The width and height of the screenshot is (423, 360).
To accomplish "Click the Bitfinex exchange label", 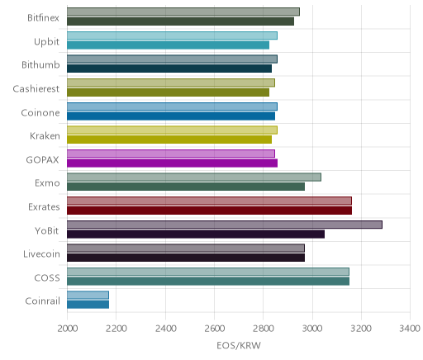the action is [x=43, y=18].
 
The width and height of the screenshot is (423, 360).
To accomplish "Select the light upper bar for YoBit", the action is [x=225, y=225].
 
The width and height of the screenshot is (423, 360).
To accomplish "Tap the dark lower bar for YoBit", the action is [x=196, y=234].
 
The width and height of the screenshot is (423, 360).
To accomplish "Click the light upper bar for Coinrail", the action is [x=88, y=295].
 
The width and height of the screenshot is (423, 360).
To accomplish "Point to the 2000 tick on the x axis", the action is [x=68, y=329].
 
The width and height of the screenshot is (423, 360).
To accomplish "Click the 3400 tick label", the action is [x=410, y=329].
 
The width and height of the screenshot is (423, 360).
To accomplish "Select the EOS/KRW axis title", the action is [x=239, y=345].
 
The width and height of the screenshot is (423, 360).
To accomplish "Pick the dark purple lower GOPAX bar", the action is [x=172, y=163].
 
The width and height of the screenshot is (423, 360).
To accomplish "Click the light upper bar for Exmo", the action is [x=194, y=178].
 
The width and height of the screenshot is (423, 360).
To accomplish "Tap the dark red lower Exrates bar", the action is [x=209, y=211].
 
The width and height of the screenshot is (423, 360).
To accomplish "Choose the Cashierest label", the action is [x=36, y=89].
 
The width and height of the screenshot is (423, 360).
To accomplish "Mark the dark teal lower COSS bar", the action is [x=208, y=282].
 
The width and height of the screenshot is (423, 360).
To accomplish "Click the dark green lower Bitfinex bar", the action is [x=180, y=21].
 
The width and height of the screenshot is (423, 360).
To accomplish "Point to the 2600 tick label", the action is [x=214, y=329].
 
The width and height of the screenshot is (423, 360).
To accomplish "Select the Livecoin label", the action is [x=41, y=254].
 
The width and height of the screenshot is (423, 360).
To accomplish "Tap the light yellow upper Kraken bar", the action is [x=172, y=130].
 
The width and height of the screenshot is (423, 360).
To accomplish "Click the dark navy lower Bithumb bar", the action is [x=169, y=69].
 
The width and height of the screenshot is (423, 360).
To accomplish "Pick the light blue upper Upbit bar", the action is [x=172, y=36].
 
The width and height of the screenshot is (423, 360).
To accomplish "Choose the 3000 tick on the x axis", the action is [x=312, y=329].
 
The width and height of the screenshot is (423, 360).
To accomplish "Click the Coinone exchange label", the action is [x=40, y=113].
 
